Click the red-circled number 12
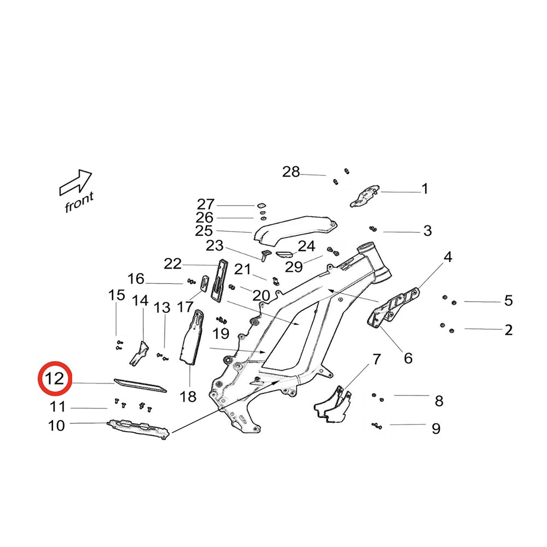click(x=55, y=379)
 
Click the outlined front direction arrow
click(x=75, y=182)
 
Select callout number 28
click(x=291, y=172)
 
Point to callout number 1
click(x=424, y=189)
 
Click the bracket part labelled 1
click(x=364, y=196)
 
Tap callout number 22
click(x=172, y=264)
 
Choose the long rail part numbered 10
click(x=137, y=428)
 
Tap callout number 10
click(x=57, y=425)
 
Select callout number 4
click(x=448, y=257)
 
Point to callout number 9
click(x=435, y=428)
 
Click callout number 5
click(x=508, y=300)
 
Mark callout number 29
click(x=294, y=267)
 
